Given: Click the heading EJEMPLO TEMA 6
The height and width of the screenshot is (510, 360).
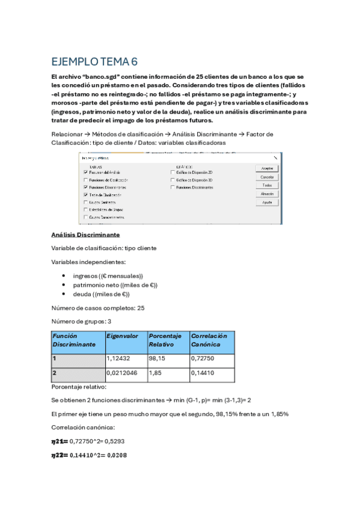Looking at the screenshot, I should pos(94,62).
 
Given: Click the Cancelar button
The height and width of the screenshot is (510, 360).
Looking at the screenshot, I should pos(267,177).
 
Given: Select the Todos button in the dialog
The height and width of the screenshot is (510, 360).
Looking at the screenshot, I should pos(267,185).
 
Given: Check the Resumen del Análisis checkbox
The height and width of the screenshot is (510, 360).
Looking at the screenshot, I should pos(86,172).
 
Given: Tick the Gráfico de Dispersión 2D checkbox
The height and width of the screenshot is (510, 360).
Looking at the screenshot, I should pos(173,172).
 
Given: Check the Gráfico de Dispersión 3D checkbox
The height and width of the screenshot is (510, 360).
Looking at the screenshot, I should pos(173,180).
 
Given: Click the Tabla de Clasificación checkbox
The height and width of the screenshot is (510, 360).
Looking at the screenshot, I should pos(86,195).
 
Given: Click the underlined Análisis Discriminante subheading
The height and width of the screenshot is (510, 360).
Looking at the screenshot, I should pos(85,234).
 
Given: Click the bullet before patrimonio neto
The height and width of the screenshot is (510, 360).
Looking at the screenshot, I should pos(64,285).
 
